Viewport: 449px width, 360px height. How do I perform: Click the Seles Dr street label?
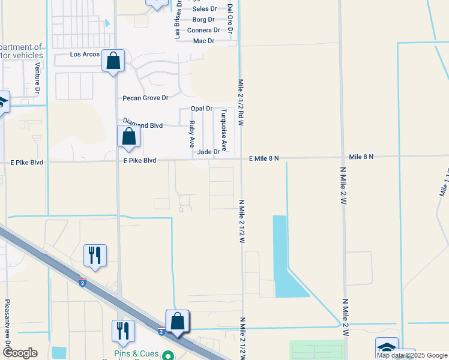[x=205, y=9]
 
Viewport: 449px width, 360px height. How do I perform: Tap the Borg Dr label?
[x=203, y=20]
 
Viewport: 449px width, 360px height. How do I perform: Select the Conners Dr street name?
[x=203, y=30]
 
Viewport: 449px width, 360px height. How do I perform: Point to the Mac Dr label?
[x=203, y=41]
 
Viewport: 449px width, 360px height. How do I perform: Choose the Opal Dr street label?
[x=202, y=109]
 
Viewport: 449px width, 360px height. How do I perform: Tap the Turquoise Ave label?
[x=223, y=129]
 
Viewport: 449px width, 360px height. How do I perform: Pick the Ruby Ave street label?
[x=192, y=134]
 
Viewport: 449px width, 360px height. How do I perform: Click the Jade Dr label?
[x=209, y=152]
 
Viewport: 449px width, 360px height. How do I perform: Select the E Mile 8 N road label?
[x=265, y=158]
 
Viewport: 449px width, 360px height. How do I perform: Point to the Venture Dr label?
[x=37, y=77]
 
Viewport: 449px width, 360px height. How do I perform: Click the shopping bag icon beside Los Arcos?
[x=113, y=61]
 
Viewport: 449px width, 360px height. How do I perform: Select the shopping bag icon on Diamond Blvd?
[x=129, y=136]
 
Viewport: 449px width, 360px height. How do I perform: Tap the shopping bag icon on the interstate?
[x=178, y=321]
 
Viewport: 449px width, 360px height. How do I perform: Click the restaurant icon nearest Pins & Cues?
[x=124, y=331]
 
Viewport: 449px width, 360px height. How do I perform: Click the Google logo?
[x=20, y=353]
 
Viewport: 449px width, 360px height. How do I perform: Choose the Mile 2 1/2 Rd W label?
[x=241, y=102]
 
